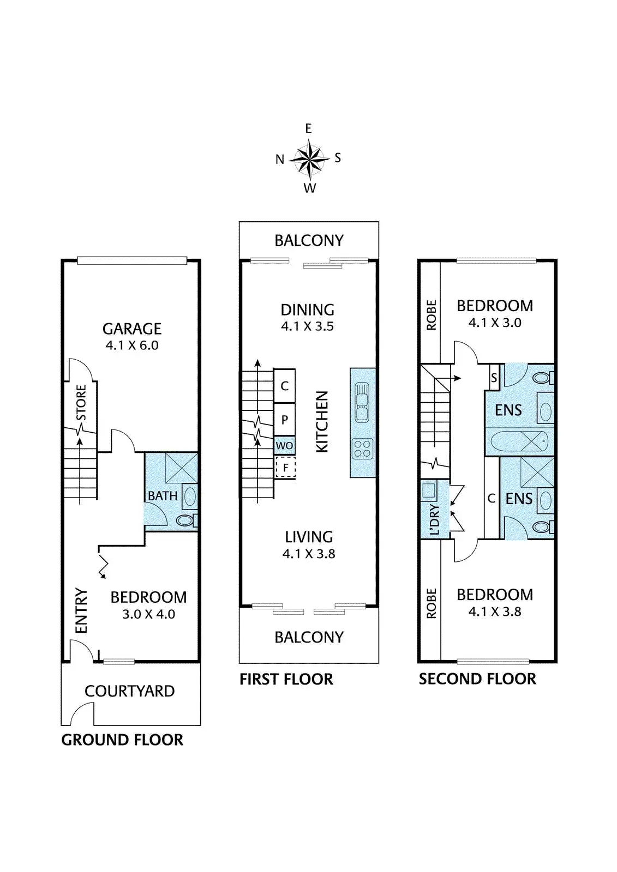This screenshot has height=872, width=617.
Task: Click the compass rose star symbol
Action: click(x=309, y=159)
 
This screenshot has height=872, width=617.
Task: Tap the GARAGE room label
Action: click(x=131, y=329)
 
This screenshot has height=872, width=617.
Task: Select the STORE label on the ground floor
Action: click(x=81, y=403)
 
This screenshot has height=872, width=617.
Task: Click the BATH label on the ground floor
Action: click(x=163, y=496)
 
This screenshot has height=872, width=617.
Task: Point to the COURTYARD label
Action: click(x=129, y=692)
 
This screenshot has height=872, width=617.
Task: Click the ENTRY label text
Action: click(x=81, y=610)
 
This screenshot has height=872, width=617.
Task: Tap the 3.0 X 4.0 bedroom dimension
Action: click(x=148, y=614)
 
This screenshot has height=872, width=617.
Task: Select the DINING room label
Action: click(x=308, y=310)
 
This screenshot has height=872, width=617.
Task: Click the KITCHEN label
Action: click(x=322, y=422)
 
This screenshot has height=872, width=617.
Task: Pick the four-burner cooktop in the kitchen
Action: click(x=362, y=447)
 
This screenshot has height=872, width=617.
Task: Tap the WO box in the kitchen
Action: click(x=284, y=445)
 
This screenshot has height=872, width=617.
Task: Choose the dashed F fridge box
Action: click(x=285, y=467)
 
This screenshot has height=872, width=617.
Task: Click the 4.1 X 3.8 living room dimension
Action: click(x=309, y=554)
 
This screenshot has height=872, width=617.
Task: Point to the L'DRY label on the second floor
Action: click(x=435, y=519)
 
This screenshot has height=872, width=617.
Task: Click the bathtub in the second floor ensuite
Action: click(x=519, y=442)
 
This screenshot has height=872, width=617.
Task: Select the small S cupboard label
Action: click(x=494, y=378)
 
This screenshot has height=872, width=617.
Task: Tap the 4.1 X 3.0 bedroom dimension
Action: click(x=495, y=323)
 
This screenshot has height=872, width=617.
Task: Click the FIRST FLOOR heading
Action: click(x=286, y=679)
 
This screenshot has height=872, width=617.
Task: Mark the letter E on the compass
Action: click(x=308, y=129)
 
